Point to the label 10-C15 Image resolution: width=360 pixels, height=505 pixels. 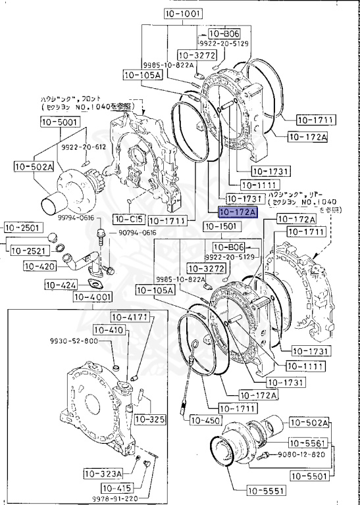point(128,218)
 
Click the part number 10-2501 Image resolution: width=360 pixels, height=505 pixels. point(23,228)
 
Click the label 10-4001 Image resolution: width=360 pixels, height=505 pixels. point(92,297)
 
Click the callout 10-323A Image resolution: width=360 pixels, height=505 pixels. point(103,473)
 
